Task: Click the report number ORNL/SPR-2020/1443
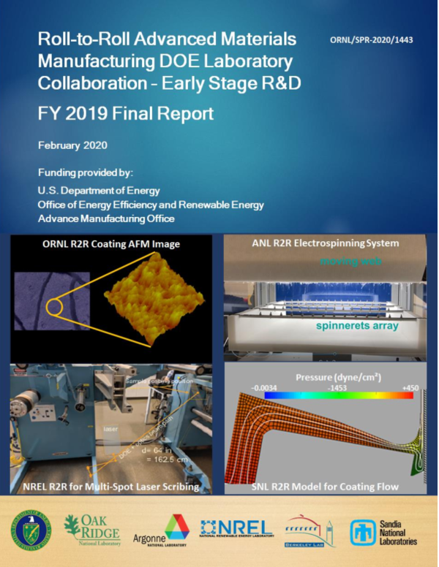(371, 39)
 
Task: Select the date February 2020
(73, 145)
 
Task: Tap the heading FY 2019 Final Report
(126, 113)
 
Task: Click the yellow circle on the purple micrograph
(59, 308)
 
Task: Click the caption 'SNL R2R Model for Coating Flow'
(330, 485)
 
